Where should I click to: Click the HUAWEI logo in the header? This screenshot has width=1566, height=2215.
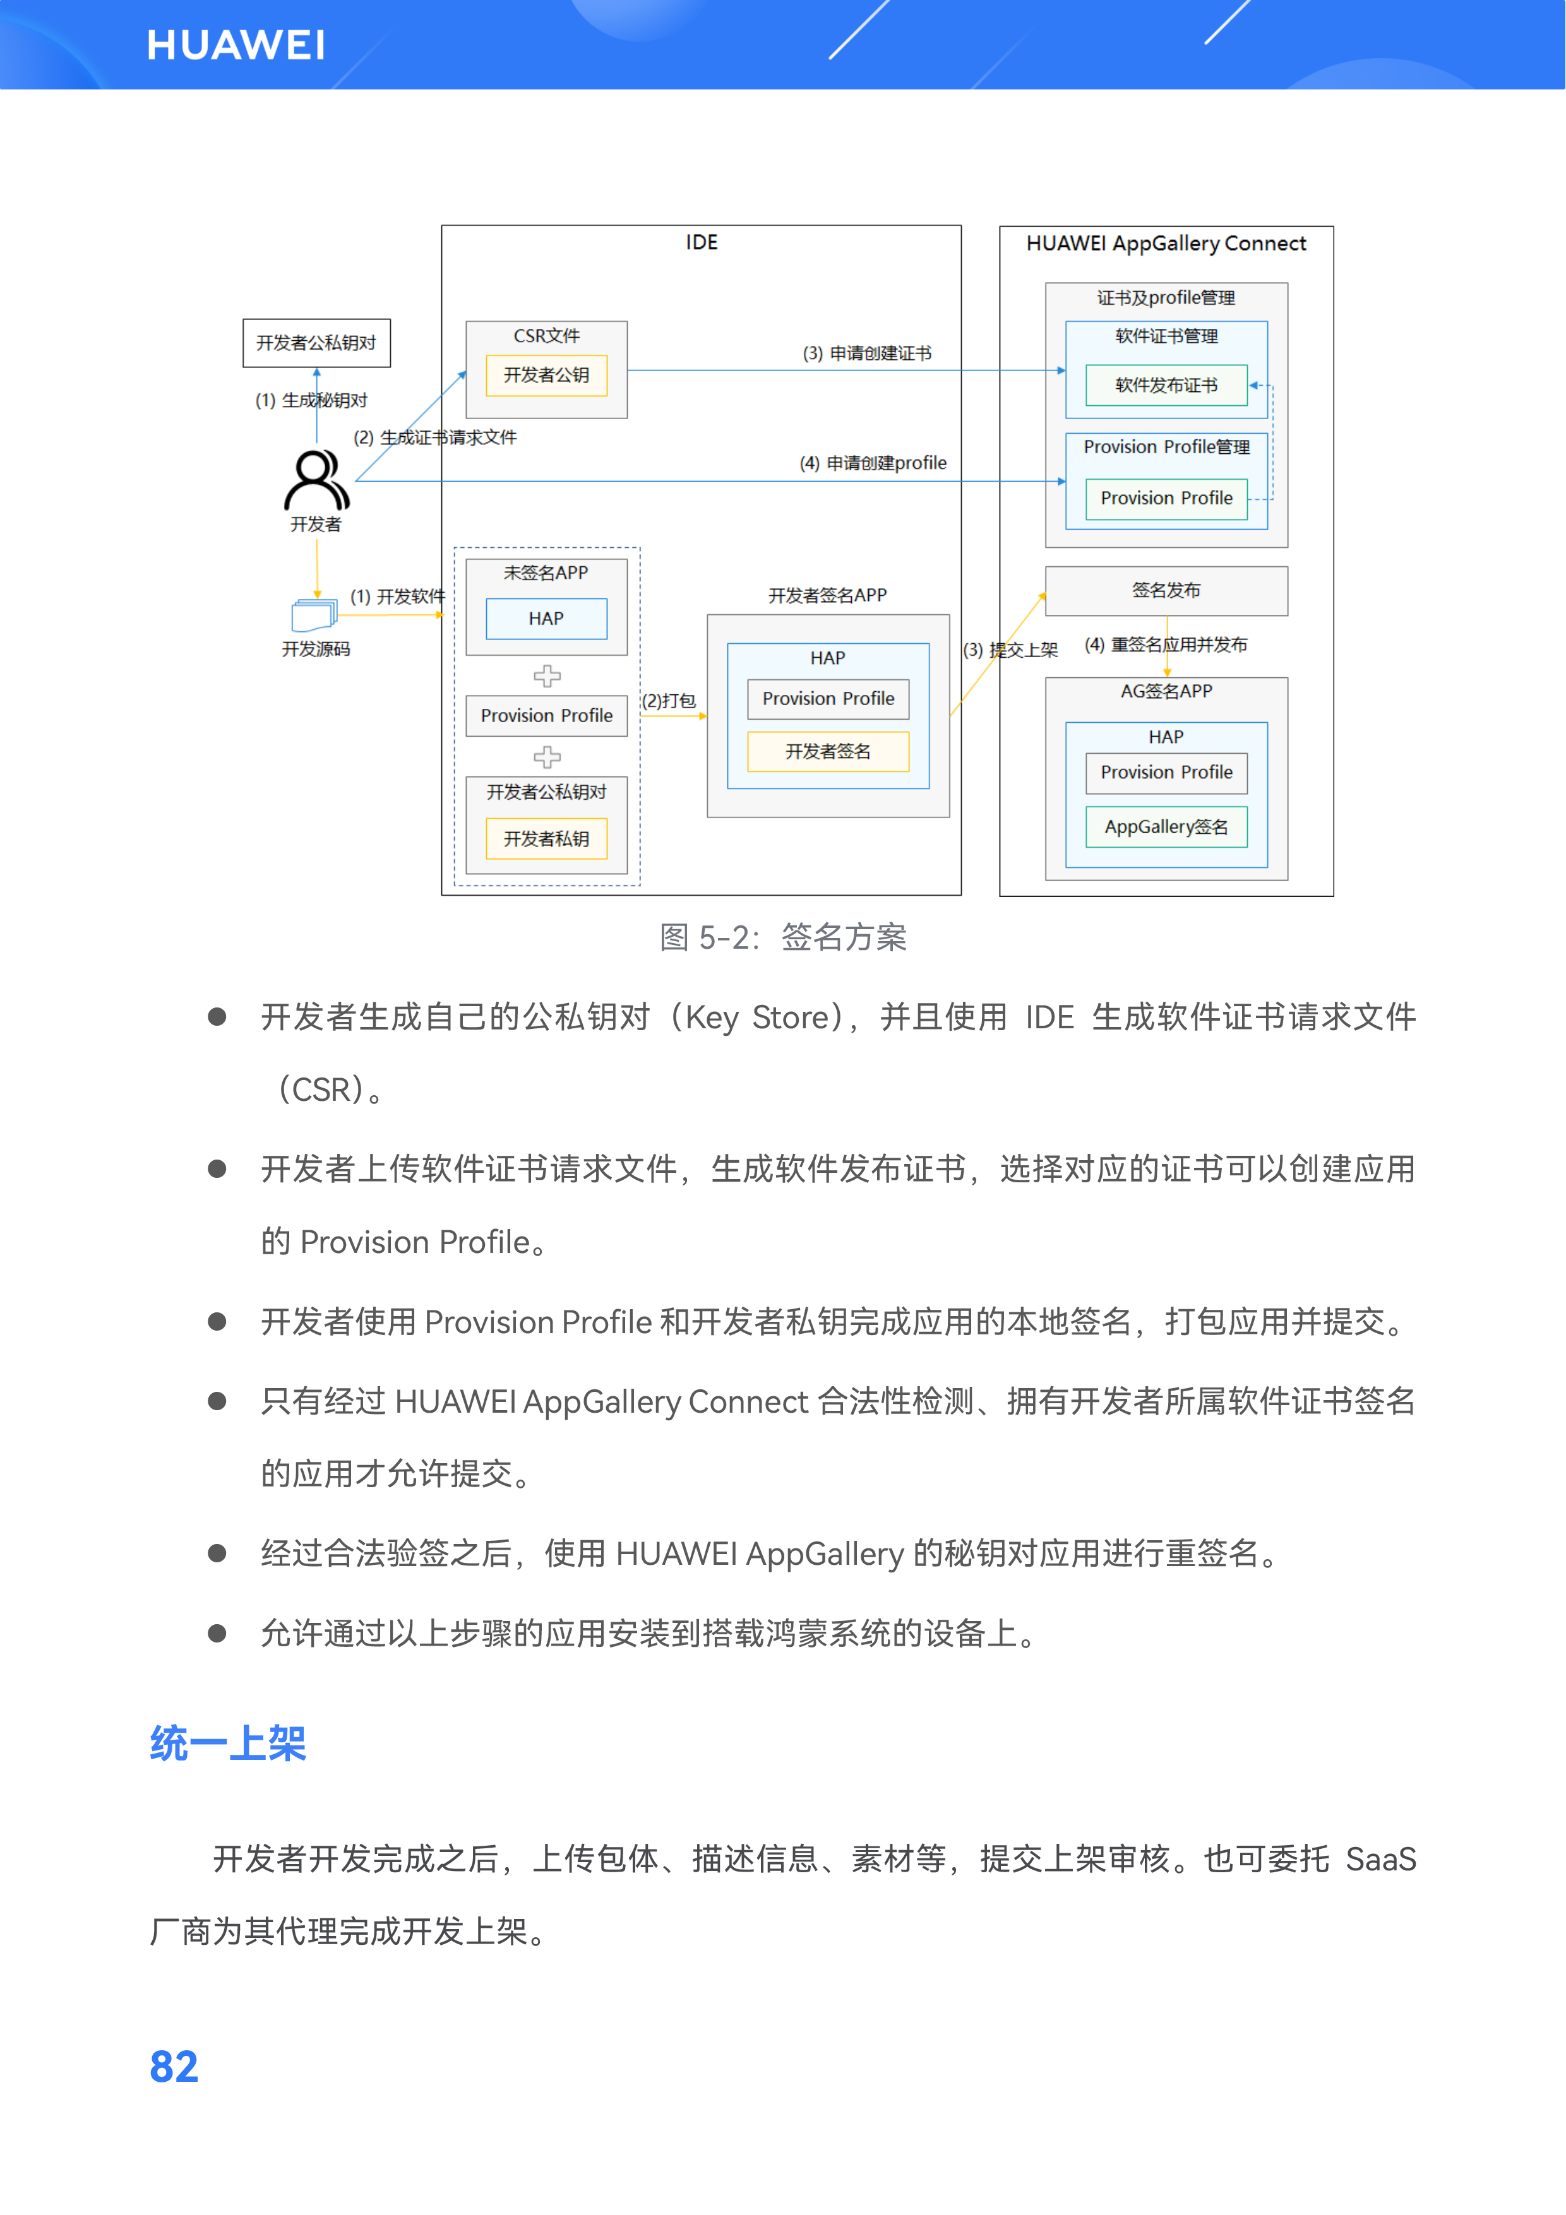coord(236,45)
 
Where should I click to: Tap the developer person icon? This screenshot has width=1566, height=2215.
coord(316,480)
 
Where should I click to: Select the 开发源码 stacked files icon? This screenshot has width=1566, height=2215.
coord(314,615)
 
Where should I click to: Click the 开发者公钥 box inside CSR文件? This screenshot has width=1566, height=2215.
coord(546,376)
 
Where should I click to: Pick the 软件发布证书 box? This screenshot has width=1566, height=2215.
coord(1166,386)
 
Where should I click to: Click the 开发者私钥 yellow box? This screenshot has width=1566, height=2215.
coord(546,838)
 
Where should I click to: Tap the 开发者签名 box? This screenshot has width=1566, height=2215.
coord(828,752)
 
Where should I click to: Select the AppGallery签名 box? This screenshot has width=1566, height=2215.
coord(1166,827)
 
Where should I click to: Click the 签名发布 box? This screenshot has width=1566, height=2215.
coord(1166,590)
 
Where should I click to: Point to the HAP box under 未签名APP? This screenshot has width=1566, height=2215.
coord(546,619)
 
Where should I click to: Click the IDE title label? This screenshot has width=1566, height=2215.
coord(702,242)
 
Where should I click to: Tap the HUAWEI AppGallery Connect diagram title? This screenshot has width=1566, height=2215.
coord(1166,243)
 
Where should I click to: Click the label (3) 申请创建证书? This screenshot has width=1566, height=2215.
coord(866,353)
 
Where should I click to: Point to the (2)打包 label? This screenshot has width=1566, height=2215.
coord(669,701)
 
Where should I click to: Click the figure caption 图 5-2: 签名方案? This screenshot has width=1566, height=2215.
coord(782,937)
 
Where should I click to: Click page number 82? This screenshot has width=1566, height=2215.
coord(174,2067)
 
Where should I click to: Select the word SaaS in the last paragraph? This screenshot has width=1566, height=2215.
coord(1380,1858)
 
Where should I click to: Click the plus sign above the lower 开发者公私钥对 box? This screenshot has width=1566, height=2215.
coord(547,756)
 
